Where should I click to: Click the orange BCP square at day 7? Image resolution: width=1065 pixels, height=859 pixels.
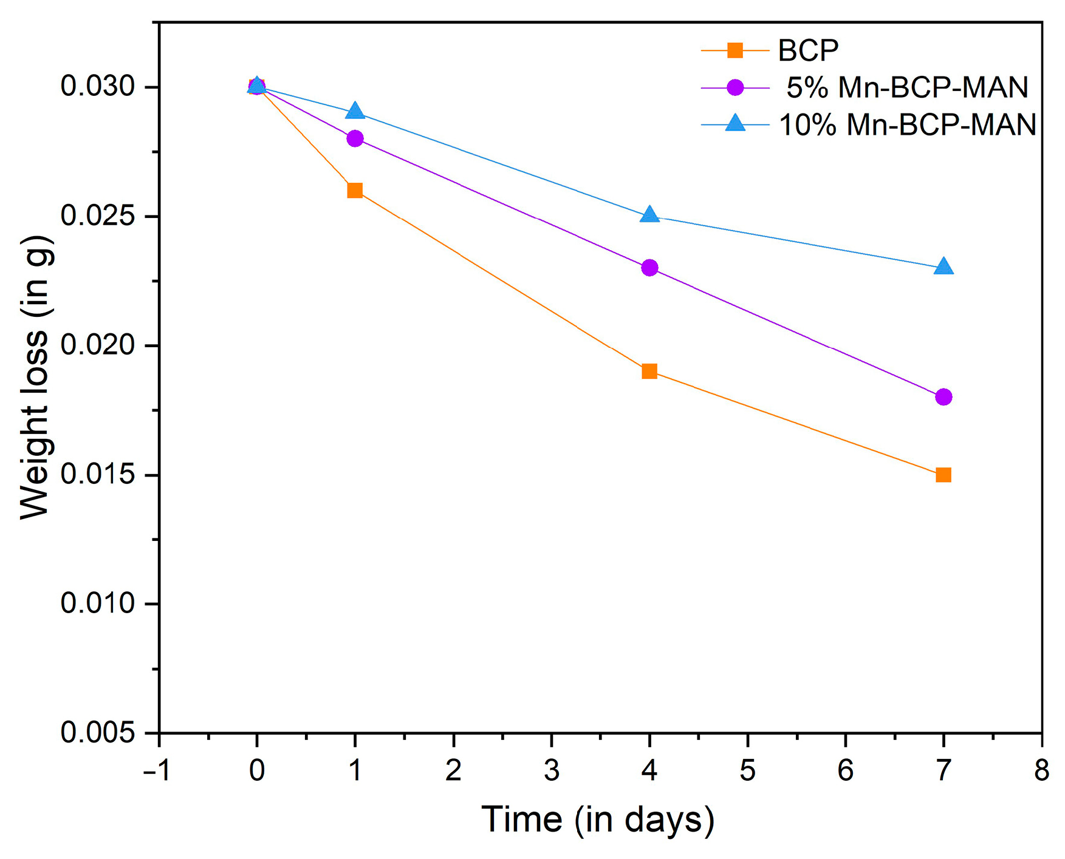(x=943, y=475)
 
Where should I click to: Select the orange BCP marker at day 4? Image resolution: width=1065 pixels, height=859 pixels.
(x=649, y=371)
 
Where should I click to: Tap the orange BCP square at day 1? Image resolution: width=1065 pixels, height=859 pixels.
(x=355, y=191)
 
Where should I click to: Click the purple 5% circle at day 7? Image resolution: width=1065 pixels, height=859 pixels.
(x=943, y=397)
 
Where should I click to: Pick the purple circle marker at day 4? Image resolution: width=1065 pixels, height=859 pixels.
(x=649, y=268)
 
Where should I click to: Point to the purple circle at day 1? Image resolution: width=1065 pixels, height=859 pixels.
(x=355, y=138)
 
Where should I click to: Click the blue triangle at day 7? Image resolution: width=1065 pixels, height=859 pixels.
(x=943, y=267)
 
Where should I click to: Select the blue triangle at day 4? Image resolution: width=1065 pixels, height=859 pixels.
(x=649, y=215)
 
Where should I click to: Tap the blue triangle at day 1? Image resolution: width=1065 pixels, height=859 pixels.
(x=355, y=112)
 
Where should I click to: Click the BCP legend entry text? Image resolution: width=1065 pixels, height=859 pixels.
(x=808, y=50)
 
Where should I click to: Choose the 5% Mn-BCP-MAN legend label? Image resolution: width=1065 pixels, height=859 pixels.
(x=906, y=88)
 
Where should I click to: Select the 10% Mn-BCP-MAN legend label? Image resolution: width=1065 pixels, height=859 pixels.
(x=907, y=125)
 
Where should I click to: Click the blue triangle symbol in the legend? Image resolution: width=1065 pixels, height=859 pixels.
(x=735, y=124)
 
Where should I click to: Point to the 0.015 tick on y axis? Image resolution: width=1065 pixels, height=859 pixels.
(x=97, y=475)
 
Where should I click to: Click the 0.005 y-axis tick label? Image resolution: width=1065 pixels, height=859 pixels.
(x=97, y=733)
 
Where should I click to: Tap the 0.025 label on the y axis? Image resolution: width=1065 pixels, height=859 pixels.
(x=97, y=217)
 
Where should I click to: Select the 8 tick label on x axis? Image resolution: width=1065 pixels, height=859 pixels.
(x=1041, y=770)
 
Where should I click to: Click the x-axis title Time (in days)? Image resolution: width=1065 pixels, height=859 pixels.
(x=597, y=820)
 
